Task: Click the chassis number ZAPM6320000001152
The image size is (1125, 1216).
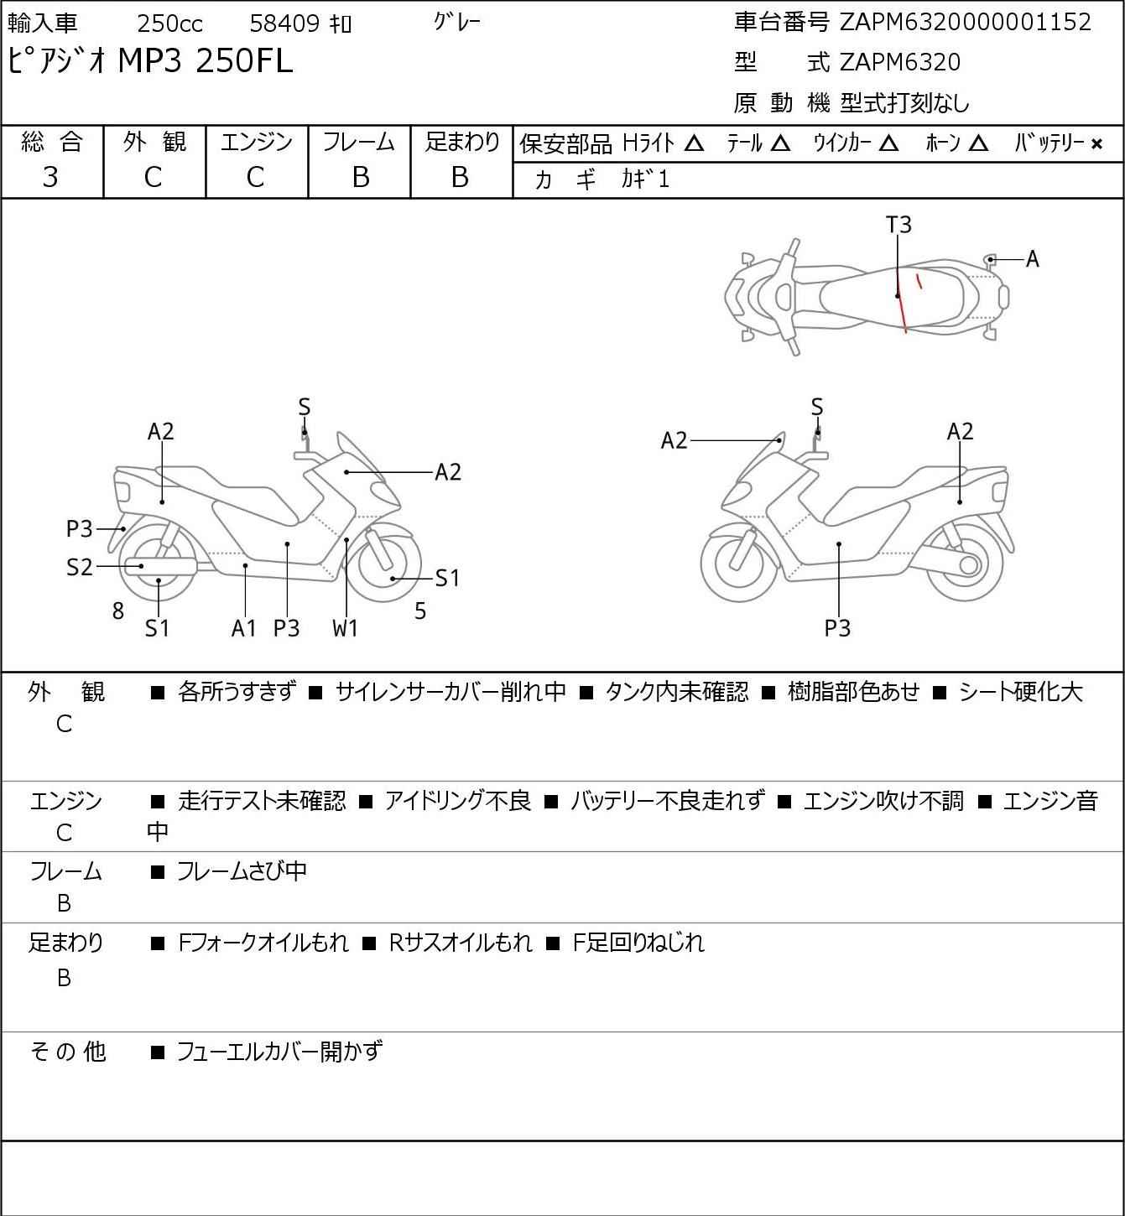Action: (x=965, y=23)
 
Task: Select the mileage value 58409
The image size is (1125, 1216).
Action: (x=285, y=23)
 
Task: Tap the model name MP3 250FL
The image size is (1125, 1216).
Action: (x=206, y=60)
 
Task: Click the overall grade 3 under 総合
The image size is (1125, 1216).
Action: (x=50, y=177)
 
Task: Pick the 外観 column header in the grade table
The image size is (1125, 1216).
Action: (x=154, y=142)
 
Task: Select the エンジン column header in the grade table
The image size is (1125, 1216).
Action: (x=257, y=142)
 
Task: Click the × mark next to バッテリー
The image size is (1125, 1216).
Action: (x=1096, y=144)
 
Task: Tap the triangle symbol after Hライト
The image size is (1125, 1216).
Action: (x=694, y=143)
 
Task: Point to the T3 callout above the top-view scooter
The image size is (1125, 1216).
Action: (x=898, y=225)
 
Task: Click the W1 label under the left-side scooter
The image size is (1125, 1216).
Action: (x=345, y=627)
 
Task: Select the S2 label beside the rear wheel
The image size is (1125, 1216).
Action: (x=80, y=567)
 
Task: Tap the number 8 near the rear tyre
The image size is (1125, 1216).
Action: (x=118, y=611)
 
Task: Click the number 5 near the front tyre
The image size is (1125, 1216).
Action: (x=420, y=611)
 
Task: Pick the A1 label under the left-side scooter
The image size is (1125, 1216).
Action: (x=244, y=627)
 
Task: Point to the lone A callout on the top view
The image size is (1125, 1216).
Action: (x=1033, y=259)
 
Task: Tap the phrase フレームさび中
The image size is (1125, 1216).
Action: (x=242, y=870)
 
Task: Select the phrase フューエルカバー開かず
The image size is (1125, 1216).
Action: (x=279, y=1052)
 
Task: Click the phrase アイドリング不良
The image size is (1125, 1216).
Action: (x=458, y=800)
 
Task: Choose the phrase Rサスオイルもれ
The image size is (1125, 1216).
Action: (x=461, y=943)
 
